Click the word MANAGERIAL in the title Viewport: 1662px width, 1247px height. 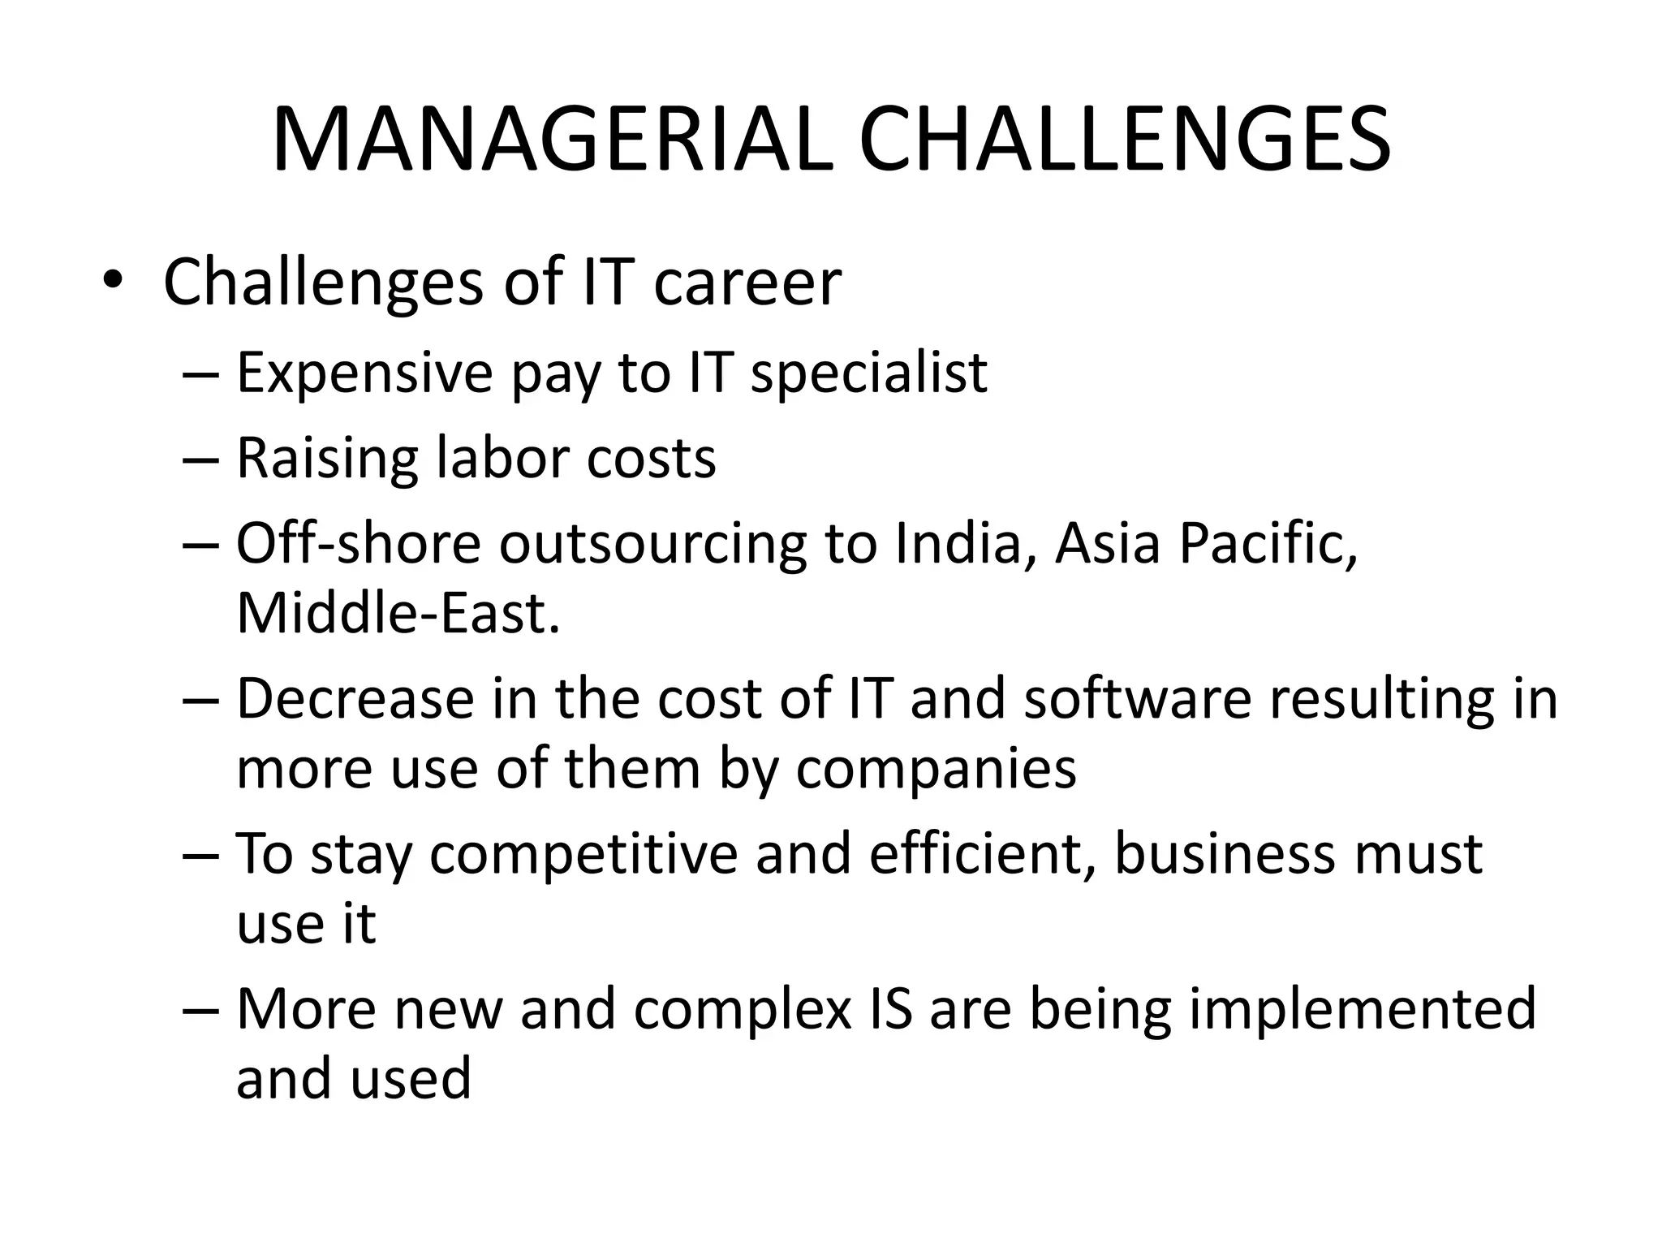click(553, 140)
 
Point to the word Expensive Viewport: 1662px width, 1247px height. click(364, 373)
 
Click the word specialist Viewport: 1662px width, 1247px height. click(868, 373)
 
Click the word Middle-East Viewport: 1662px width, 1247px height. click(398, 613)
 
